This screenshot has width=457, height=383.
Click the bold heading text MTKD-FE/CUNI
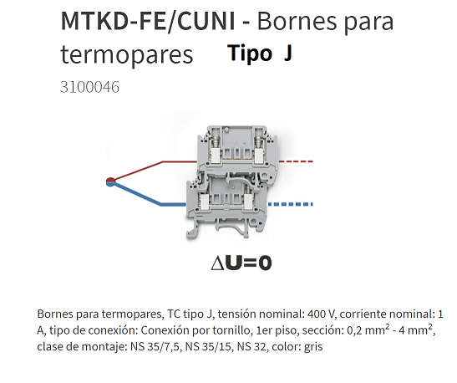point(148,21)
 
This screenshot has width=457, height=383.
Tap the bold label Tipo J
point(260,53)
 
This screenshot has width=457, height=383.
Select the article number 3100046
point(89,87)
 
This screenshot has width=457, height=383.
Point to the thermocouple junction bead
point(110,181)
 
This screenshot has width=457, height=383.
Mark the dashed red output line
point(296,161)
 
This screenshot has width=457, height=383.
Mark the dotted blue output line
point(290,204)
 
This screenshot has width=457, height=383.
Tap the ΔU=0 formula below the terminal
point(241,263)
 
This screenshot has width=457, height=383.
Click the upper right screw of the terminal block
point(258,142)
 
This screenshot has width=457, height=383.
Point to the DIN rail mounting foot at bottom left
point(193,230)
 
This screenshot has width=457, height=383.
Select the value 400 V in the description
point(320,314)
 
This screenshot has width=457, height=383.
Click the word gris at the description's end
point(313,347)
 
